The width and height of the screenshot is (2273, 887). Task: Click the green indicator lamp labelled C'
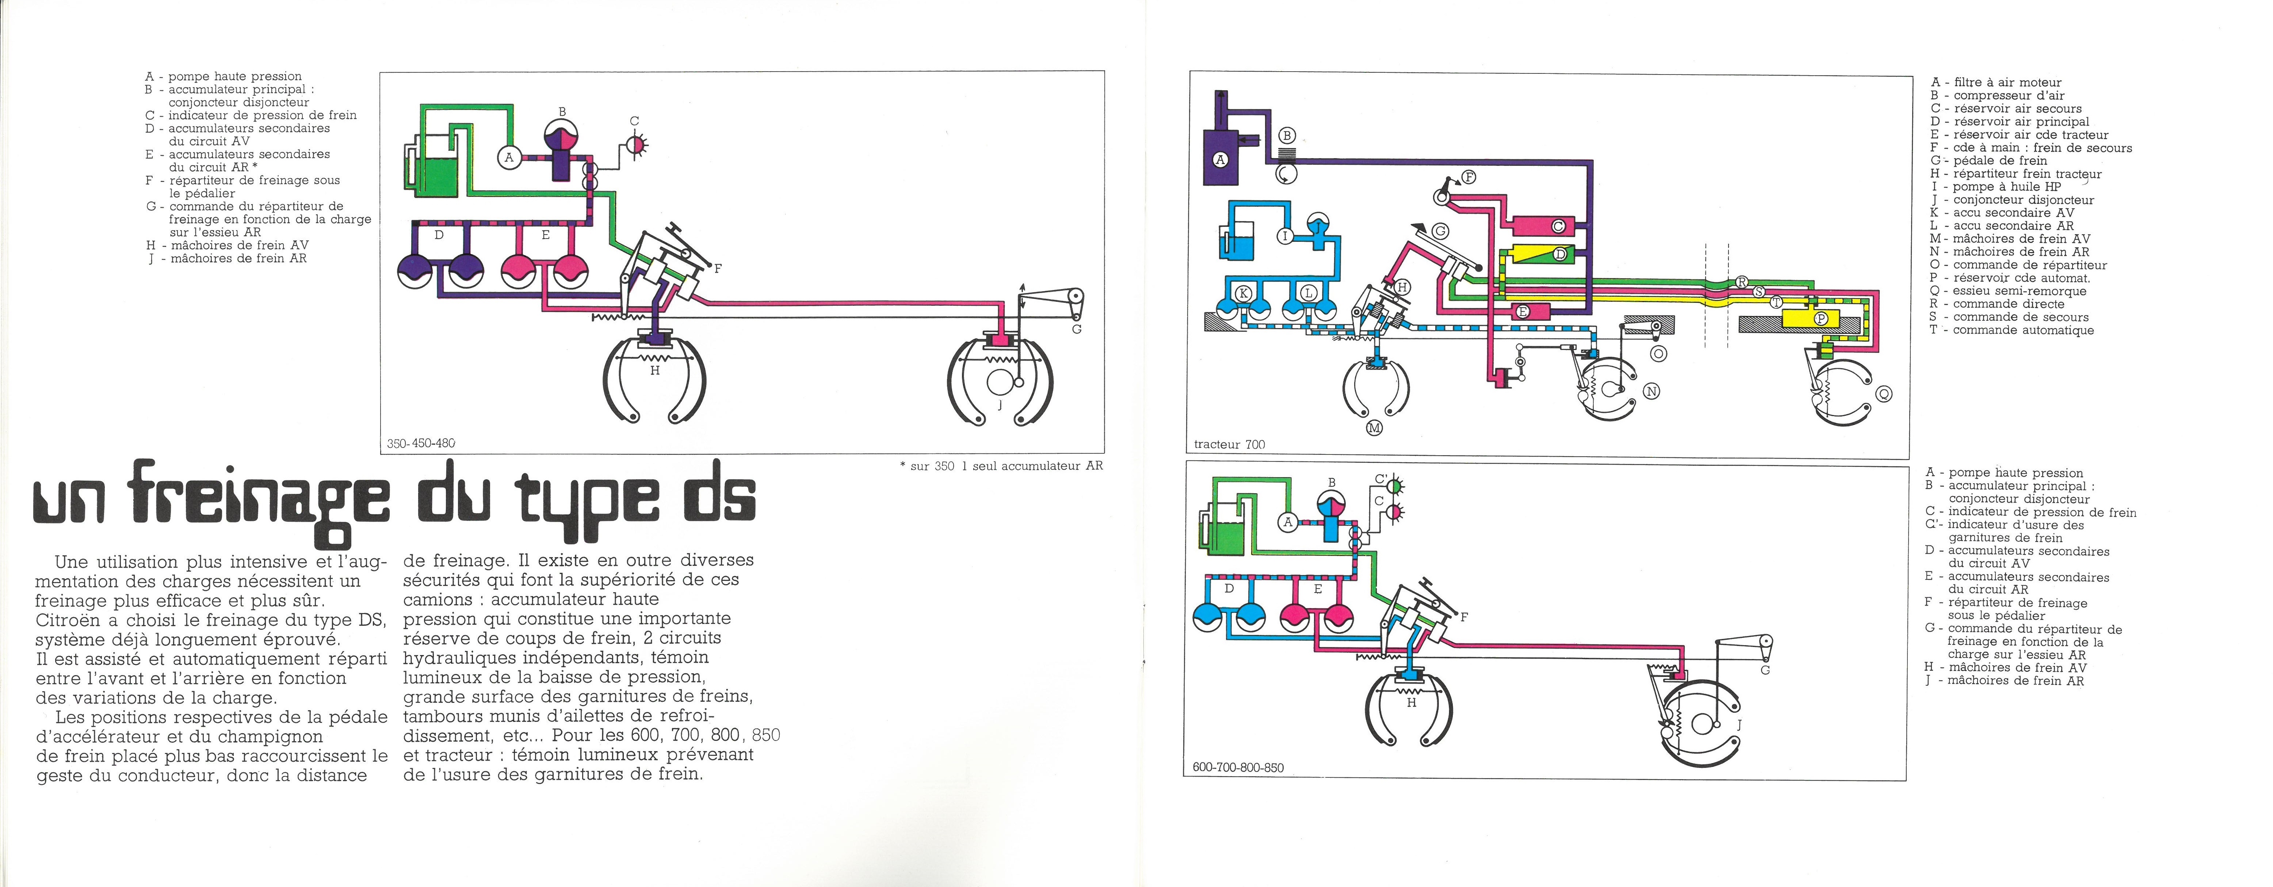[x=1395, y=484]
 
